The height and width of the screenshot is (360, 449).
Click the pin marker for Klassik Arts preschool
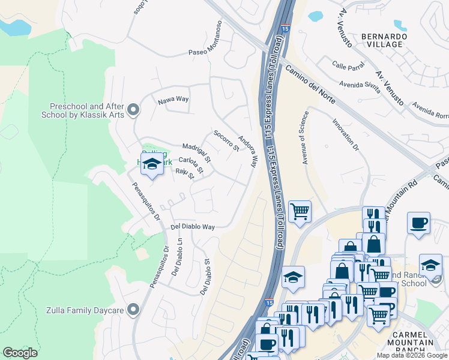click(133, 109)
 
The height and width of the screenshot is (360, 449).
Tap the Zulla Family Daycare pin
click(133, 310)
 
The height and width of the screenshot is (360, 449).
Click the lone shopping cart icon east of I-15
click(300, 212)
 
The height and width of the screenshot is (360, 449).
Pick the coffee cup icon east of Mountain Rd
click(418, 223)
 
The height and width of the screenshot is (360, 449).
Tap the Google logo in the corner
click(20, 353)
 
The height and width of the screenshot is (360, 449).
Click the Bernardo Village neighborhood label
click(384, 41)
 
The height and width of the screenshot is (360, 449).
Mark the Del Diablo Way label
click(193, 227)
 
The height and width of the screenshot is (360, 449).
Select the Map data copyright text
click(412, 355)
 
